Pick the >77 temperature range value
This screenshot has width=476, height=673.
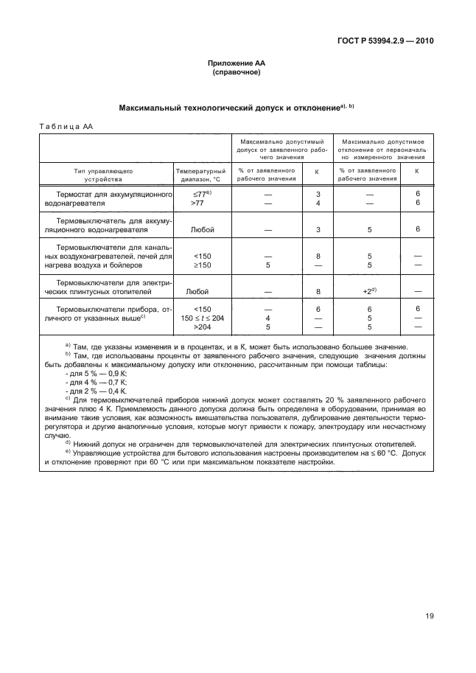click(x=198, y=202)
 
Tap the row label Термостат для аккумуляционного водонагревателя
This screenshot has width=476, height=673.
click(x=108, y=198)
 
